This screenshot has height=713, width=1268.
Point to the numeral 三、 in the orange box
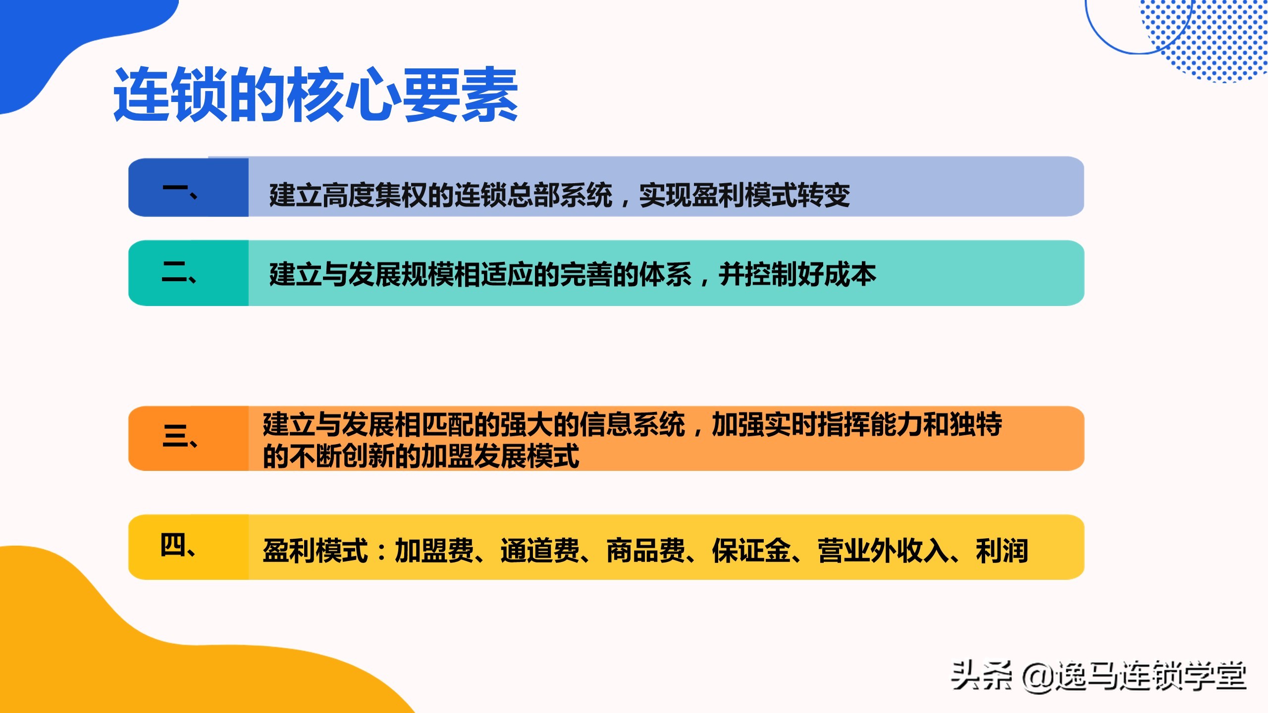point(180,436)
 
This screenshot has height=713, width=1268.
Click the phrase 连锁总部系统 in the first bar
point(533,195)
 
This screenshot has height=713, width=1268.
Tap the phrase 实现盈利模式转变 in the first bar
point(744,195)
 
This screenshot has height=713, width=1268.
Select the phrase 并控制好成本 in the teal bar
point(797,274)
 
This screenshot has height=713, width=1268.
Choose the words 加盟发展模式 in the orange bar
point(500,456)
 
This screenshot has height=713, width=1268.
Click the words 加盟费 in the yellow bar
point(434,551)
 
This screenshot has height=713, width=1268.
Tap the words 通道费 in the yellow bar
point(540,551)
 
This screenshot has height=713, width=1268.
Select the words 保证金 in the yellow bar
point(751,551)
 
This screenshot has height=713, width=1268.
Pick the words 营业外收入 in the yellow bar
point(883,551)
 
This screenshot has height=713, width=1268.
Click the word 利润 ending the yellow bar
point(1002,551)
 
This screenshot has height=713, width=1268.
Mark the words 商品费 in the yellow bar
point(646,551)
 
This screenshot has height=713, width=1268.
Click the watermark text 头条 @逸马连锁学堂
point(1098,676)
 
